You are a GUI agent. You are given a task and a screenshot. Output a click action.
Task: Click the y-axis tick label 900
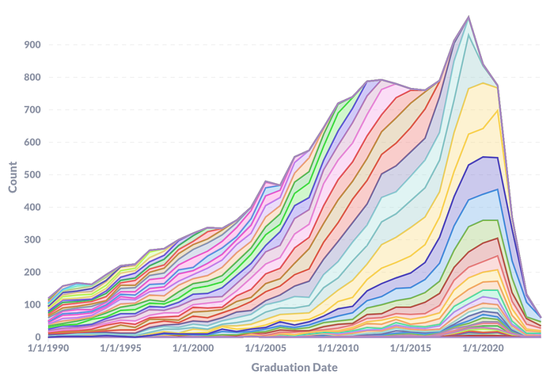[32, 44]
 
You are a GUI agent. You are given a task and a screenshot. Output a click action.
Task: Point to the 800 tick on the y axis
[32, 77]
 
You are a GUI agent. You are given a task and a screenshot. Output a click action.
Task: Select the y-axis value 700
[32, 109]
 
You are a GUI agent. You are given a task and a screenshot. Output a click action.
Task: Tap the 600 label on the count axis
[32, 143]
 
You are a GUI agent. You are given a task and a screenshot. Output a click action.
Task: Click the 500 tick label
[32, 175]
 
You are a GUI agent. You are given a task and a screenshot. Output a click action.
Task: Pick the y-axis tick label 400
[32, 207]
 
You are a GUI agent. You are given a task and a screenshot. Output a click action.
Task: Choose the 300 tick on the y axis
[32, 239]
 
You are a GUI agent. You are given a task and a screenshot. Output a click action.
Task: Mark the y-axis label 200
[32, 272]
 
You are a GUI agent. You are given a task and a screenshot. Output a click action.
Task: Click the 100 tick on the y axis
[32, 305]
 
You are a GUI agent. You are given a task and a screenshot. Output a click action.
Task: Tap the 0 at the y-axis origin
[38, 338]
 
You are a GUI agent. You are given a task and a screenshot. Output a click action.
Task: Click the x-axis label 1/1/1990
[48, 348]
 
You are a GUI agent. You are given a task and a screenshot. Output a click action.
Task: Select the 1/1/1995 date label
[121, 348]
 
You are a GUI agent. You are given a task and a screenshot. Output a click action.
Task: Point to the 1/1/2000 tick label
[193, 348]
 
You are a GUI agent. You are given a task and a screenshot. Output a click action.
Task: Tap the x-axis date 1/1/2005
[266, 348]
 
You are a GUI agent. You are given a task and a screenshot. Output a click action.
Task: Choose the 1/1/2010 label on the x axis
[338, 348]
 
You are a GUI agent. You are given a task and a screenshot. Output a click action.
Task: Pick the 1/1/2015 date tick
[411, 348]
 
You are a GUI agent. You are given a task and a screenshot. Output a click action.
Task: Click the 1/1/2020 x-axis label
[483, 348]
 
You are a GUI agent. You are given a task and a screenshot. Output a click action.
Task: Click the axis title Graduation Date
[294, 368]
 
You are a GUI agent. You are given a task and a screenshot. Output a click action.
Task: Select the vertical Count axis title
[13, 177]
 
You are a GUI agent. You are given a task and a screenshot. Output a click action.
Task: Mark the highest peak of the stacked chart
[469, 17]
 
